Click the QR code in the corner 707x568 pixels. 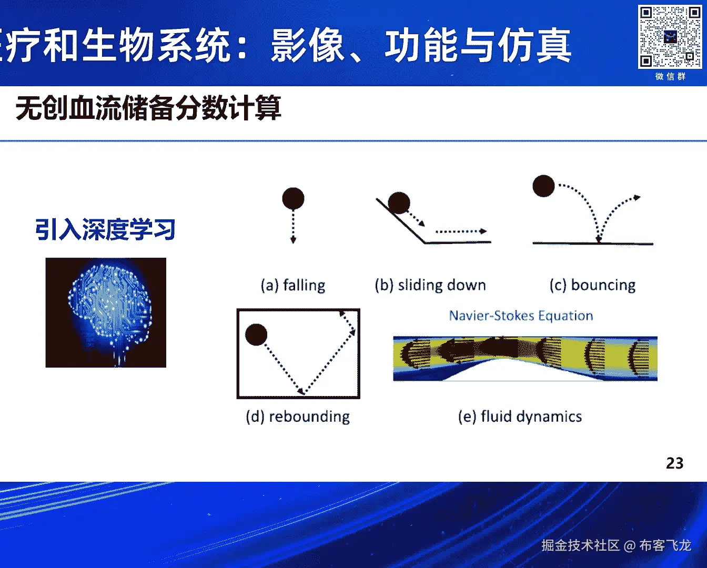point(670,36)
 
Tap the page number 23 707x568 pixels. point(675,463)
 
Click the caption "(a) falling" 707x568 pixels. point(293,285)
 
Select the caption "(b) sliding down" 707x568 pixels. point(430,285)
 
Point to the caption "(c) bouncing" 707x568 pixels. point(593,285)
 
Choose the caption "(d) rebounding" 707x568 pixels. point(298,417)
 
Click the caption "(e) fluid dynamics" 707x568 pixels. point(520,417)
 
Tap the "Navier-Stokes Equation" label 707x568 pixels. point(521,316)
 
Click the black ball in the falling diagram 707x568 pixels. point(293,198)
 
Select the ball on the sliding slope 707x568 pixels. point(399,202)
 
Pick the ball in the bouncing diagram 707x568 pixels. point(543,186)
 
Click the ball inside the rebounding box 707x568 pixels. point(256,334)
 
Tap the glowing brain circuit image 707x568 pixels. point(106,312)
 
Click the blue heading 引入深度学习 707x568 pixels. point(105,229)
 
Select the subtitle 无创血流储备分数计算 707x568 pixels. point(148,108)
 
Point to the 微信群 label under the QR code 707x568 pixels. point(670,77)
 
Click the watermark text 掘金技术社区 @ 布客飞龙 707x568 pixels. point(617,545)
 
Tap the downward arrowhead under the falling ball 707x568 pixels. point(294,240)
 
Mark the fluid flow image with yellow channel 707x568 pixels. point(526,358)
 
